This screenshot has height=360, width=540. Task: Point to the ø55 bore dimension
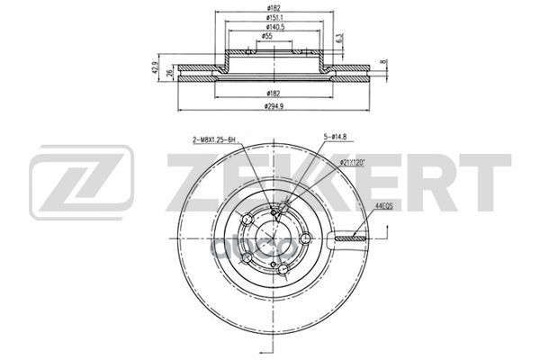click(268, 37)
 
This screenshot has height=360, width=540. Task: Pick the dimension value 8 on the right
click(382, 62)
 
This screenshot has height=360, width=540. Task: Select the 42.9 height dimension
click(154, 68)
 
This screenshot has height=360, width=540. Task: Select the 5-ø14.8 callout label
click(337, 136)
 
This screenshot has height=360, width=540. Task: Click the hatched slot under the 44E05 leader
click(352, 238)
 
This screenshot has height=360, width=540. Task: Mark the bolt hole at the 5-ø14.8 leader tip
click(283, 209)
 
